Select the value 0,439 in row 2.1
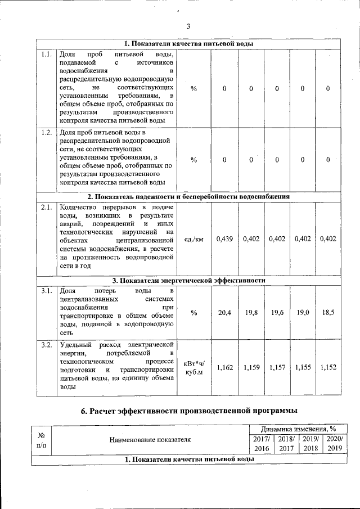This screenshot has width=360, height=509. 224,239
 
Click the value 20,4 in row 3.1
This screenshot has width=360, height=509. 224,312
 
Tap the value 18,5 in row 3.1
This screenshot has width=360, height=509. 328,312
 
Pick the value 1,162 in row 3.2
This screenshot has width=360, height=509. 224,367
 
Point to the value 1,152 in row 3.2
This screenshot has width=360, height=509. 328,367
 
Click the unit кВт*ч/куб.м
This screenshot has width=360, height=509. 193,367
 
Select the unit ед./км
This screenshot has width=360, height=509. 193,239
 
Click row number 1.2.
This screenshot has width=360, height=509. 47,133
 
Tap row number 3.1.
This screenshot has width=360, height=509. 47,291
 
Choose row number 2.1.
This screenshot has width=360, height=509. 47,208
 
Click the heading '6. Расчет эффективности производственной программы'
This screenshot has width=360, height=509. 189,411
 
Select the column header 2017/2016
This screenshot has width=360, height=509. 262,443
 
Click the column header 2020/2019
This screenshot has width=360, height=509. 335,443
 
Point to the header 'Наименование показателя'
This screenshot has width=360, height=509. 149,439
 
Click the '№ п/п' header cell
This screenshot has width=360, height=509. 41,439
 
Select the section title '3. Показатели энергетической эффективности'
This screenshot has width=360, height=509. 189,280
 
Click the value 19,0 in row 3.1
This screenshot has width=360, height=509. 302,312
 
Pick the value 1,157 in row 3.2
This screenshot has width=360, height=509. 276,367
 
